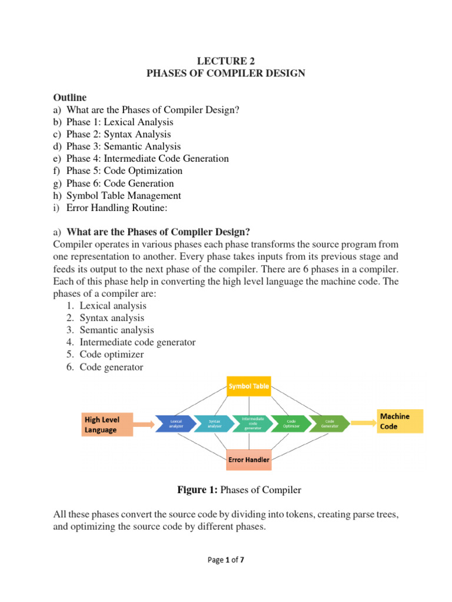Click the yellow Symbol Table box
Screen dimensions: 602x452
(x=249, y=386)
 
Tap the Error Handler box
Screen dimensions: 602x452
(x=249, y=459)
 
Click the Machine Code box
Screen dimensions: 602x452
(x=400, y=422)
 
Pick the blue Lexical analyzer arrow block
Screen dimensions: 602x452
(x=175, y=423)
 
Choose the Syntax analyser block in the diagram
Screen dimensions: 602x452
(x=214, y=423)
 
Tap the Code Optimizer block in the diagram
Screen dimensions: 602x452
(x=291, y=423)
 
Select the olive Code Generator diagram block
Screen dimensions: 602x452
(x=330, y=423)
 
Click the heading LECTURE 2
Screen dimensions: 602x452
(x=225, y=61)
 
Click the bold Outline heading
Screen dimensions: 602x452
(x=69, y=97)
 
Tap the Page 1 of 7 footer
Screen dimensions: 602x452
(x=226, y=560)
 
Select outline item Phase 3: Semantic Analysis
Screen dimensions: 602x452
(x=124, y=146)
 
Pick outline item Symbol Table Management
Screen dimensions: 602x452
(x=124, y=196)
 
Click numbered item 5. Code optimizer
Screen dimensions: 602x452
(x=112, y=355)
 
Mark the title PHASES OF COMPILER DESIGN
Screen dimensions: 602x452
(x=225, y=73)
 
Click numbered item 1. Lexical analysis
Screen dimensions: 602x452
(x=113, y=306)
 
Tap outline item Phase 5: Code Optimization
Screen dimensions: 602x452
(x=124, y=171)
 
